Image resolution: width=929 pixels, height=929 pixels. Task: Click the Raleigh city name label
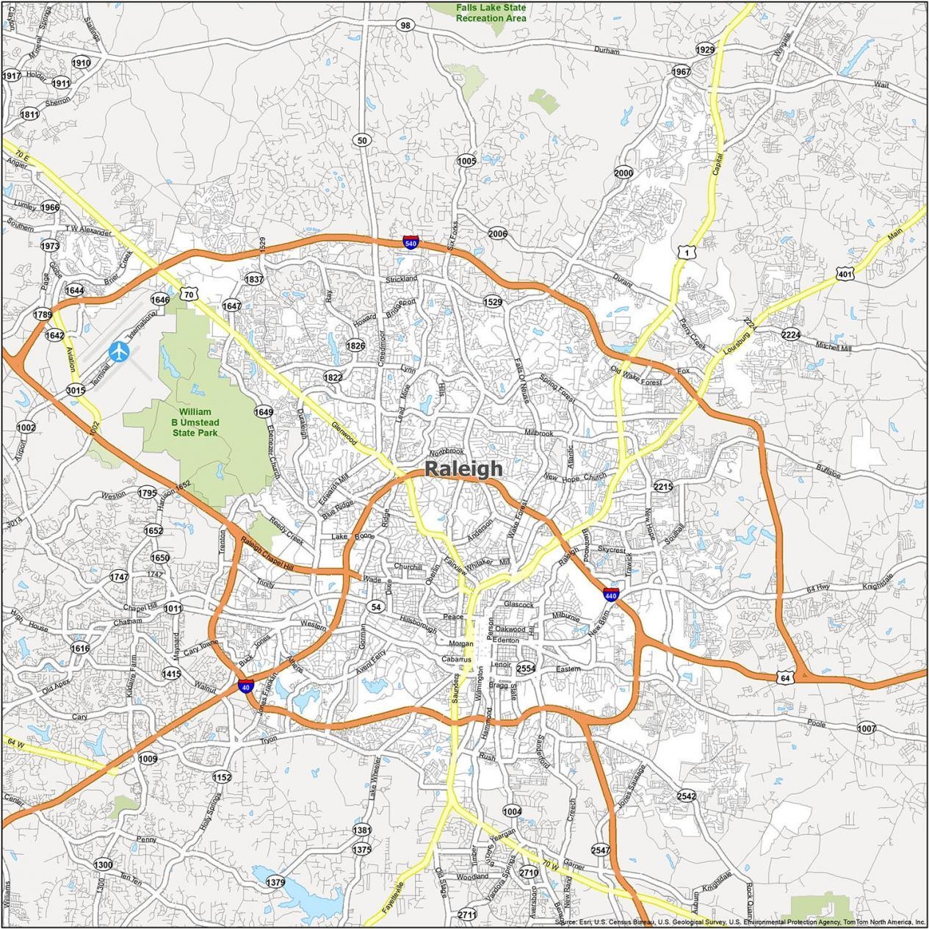464,469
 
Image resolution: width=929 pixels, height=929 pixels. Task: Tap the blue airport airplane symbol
119,352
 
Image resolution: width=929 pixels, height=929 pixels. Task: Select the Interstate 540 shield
411,242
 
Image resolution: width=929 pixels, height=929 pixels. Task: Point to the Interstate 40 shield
245,687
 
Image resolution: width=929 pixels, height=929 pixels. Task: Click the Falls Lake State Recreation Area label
491,12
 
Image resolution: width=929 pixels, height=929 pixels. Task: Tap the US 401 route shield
844,275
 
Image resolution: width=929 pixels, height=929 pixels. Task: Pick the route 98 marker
405,25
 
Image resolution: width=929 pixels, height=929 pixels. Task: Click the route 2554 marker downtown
526,668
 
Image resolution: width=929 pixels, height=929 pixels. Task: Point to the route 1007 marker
867,728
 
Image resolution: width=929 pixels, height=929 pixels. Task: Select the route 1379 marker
275,882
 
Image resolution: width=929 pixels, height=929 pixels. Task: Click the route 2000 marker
623,173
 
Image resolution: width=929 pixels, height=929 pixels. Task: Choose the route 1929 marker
704,50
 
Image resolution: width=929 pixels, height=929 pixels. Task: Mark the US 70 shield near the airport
189,294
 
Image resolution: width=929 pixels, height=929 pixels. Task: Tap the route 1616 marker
79,648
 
